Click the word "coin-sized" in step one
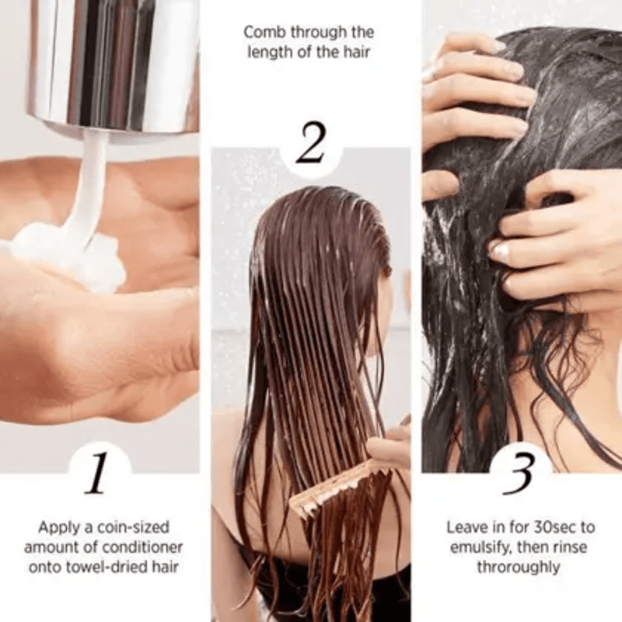point(133,527)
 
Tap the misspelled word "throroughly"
point(518,568)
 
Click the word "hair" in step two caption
point(357,53)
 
